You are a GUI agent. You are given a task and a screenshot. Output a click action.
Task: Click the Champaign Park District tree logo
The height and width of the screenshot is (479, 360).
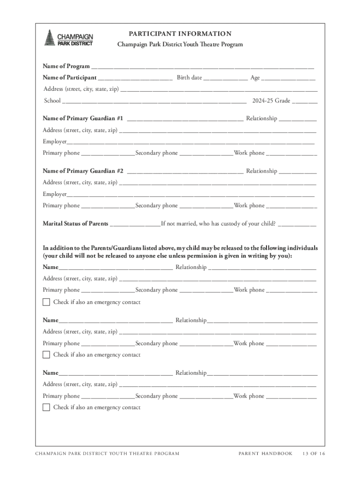(x=49, y=37)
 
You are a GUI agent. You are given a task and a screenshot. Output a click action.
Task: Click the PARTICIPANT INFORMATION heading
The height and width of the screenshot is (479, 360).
(x=180, y=34)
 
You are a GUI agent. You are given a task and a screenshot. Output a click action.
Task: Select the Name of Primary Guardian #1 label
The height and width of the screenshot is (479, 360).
(x=83, y=119)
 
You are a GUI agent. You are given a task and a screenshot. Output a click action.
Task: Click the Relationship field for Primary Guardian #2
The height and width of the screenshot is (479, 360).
(x=298, y=172)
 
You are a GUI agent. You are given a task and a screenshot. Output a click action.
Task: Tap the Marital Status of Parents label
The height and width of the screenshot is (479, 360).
(x=75, y=224)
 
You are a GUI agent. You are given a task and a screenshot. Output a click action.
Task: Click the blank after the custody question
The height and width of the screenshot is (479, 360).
(x=297, y=225)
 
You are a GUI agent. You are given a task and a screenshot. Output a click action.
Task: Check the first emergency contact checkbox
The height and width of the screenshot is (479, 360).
(x=46, y=302)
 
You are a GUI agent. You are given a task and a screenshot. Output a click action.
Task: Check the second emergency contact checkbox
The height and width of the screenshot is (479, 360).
(x=46, y=355)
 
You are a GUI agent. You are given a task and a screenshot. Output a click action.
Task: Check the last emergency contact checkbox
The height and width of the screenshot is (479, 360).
(x=46, y=407)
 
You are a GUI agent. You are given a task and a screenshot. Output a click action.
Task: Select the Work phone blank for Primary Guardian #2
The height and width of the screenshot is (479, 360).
(x=291, y=206)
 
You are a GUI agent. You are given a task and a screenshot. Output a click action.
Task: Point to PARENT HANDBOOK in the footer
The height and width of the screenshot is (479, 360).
(x=265, y=453)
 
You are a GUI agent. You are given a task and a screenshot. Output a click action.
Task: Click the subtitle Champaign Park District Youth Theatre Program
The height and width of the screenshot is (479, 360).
(x=180, y=44)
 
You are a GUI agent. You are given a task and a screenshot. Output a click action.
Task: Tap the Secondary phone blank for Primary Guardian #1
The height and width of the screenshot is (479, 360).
(x=206, y=154)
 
